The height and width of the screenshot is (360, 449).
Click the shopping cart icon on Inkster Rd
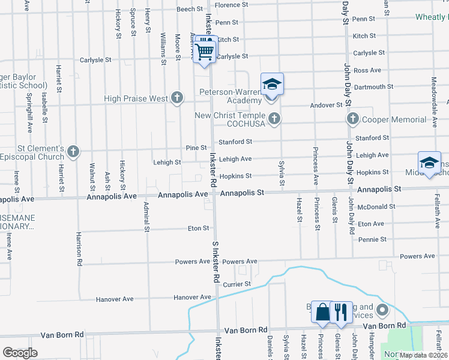click(x=205, y=52)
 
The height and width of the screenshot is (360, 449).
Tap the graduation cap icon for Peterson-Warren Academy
click(x=272, y=85)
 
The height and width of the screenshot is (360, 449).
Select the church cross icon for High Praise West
click(x=176, y=97)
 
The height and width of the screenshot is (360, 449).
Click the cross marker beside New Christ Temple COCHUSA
click(x=274, y=118)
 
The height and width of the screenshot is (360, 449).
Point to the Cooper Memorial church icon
click(x=353, y=119)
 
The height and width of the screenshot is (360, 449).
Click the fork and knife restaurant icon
click(x=340, y=312)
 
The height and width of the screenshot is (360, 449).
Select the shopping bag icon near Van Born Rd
click(x=322, y=312)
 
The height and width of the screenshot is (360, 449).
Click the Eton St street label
click(x=198, y=228)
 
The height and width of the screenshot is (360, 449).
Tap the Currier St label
click(x=238, y=284)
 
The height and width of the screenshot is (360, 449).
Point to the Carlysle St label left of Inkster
click(x=96, y=60)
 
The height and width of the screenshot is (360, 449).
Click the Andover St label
click(x=326, y=105)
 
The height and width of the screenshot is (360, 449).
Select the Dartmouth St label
click(x=374, y=86)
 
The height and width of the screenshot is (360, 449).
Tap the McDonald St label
click(x=376, y=206)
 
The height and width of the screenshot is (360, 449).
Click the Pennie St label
click(x=372, y=239)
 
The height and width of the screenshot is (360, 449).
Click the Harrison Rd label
click(x=79, y=248)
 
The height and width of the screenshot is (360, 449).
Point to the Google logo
click(x=20, y=352)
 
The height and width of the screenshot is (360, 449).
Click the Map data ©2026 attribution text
click(x=422, y=355)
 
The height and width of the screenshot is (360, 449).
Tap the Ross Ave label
click(x=368, y=70)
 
